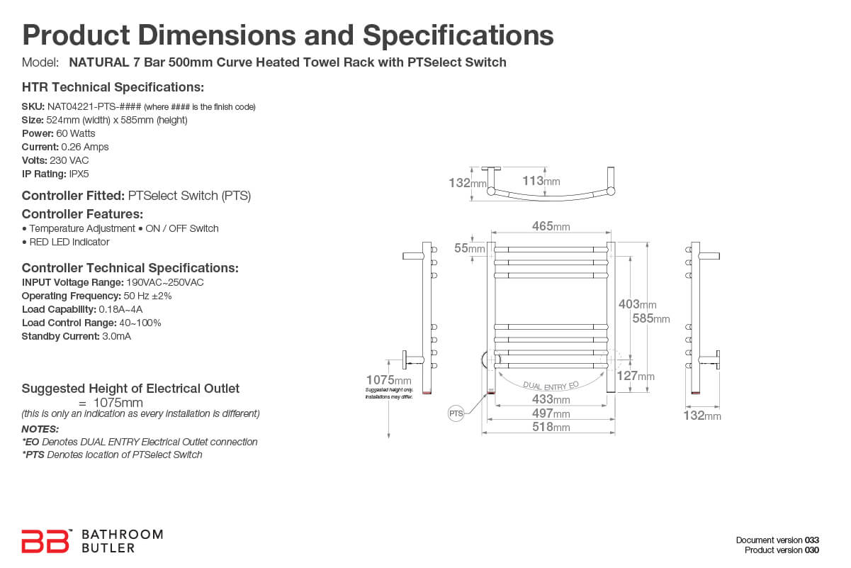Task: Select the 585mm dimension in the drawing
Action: pos(650,318)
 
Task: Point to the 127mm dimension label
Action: pos(636,376)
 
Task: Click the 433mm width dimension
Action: pos(551,400)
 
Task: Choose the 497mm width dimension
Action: pos(551,413)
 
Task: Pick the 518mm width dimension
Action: pos(551,427)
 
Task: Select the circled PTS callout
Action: pos(456,413)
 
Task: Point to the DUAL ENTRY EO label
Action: pos(551,385)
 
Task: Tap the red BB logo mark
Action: pos(46,541)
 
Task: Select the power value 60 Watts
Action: pos(76,133)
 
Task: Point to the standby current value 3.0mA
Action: pos(116,336)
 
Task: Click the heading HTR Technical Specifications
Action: pos(113,87)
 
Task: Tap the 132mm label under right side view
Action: pos(701,416)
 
